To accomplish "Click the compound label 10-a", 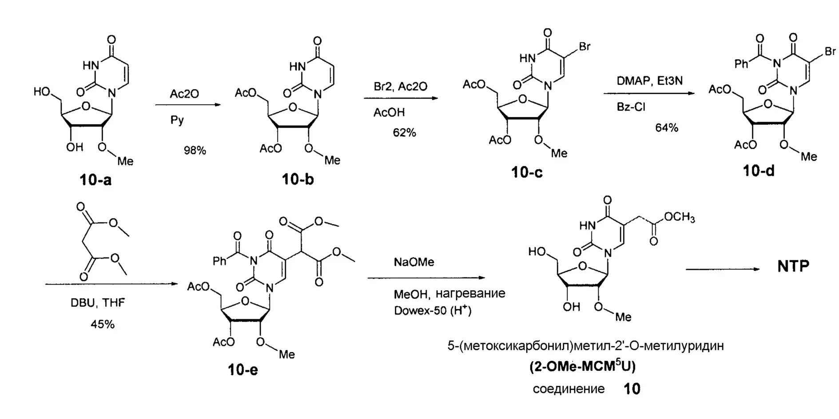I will pos(95,180).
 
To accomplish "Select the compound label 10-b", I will pos(297,179).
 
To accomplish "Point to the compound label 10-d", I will pos(759,170).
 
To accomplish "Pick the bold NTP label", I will pos(793,266).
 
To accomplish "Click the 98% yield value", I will pos(195,150).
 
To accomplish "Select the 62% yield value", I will pos(404,132).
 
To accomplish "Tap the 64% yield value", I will pos(667,128).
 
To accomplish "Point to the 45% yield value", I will pos(103,324).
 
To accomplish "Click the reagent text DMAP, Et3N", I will pos(649,81).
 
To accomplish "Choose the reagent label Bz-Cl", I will pos(631,107).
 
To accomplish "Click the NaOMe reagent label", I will pos(414,262).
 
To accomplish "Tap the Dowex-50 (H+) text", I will pos(432,310).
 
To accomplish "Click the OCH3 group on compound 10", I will pos(679,217).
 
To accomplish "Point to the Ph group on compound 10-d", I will pos(741,64).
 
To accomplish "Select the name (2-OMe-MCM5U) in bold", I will pos(582,367).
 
